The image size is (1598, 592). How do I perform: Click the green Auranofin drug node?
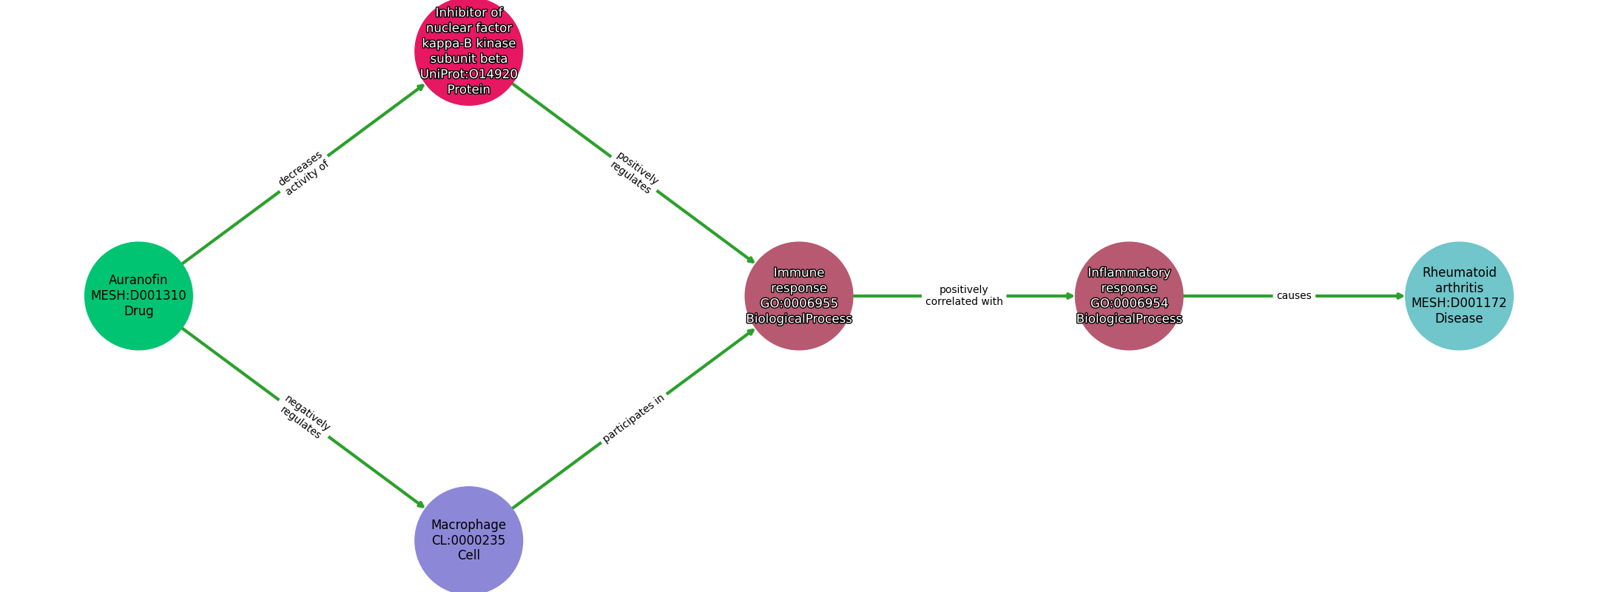coord(138,296)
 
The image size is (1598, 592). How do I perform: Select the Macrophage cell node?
coord(468,540)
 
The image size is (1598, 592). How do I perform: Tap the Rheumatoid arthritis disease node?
coord(1459,296)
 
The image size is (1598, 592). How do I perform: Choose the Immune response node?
coord(799,296)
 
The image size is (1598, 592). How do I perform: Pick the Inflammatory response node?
coord(1129,296)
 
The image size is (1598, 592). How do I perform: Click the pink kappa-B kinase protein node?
coord(468,52)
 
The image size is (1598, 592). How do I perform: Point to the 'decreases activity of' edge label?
coord(303,173)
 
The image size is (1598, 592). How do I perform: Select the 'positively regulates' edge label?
coord(634,172)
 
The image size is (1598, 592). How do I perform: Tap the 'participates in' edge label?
coord(633,418)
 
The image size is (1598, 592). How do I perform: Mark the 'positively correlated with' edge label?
coord(964,295)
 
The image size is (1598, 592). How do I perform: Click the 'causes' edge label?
coord(1294,295)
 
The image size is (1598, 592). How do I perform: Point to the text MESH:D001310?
coord(138,295)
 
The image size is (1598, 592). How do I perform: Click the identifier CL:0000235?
coord(468,540)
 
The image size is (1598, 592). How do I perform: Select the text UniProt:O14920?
coord(468,74)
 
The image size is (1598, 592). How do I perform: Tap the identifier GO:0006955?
coord(799,303)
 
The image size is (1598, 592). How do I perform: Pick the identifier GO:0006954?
coord(1129,303)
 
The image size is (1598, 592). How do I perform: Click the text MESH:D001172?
coord(1459,303)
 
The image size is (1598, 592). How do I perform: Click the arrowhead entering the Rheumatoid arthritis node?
coord(1400,296)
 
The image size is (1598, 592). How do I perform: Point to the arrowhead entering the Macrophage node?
coord(421,505)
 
